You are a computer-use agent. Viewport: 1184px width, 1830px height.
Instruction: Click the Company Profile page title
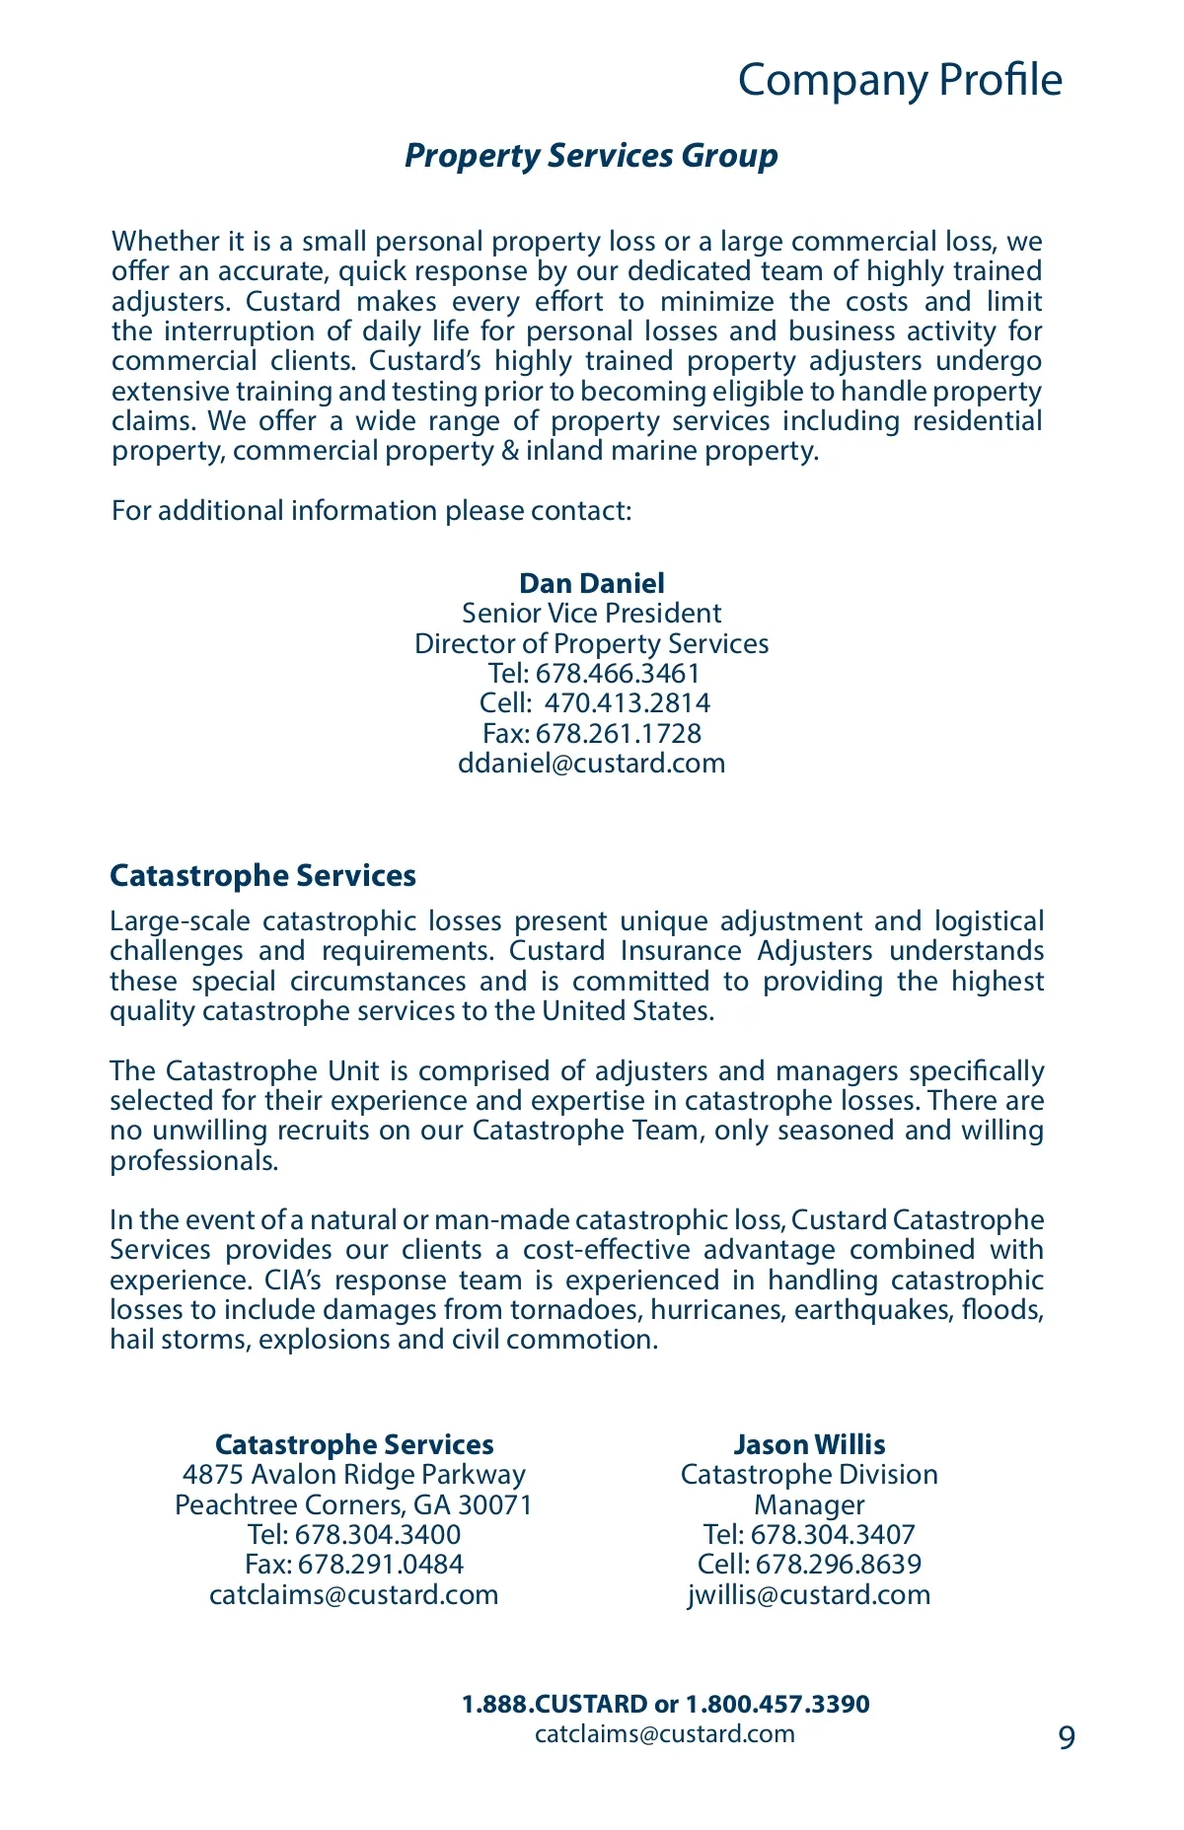[x=900, y=80]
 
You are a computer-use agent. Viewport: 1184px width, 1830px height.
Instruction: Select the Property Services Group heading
[x=591, y=156]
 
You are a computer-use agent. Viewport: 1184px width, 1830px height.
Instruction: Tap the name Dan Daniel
[x=592, y=583]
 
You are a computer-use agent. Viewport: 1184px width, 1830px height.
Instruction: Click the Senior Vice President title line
[x=592, y=614]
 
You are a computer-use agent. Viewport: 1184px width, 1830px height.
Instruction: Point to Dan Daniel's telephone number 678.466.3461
[x=618, y=674]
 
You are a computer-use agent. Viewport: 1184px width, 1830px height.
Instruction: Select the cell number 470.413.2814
[x=628, y=703]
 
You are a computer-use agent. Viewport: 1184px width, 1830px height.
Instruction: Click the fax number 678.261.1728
[x=619, y=734]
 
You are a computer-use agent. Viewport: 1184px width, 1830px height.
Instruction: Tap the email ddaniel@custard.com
[x=592, y=764]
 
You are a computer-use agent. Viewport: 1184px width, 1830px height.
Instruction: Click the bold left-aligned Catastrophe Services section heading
[x=262, y=876]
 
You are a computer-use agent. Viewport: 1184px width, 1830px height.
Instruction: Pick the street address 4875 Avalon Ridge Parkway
[x=354, y=1475]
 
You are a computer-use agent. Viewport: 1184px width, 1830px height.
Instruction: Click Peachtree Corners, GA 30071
[x=354, y=1505]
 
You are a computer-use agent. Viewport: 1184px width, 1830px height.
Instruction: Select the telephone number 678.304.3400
[x=378, y=1535]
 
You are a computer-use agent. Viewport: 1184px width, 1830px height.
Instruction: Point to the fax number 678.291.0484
[x=381, y=1565]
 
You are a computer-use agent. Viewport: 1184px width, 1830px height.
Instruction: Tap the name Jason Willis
[x=809, y=1445]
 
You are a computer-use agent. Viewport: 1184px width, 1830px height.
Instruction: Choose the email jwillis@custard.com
[x=809, y=1595]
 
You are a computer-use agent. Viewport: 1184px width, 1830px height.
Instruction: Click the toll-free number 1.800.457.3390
[x=777, y=1705]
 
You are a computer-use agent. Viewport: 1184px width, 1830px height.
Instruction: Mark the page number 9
[x=1067, y=1737]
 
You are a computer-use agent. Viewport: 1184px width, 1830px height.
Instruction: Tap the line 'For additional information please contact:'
[x=371, y=511]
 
